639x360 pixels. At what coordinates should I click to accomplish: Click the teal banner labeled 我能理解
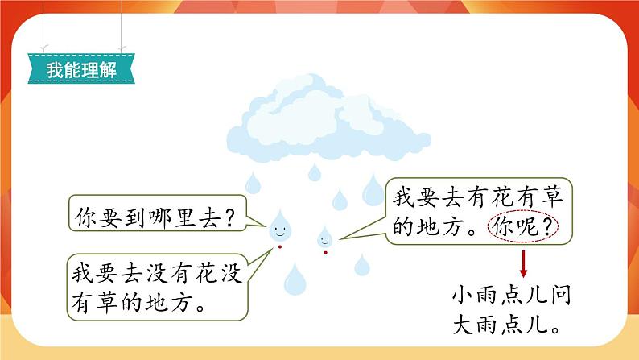pos(81,70)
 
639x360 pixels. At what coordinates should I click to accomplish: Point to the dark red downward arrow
pos(522,263)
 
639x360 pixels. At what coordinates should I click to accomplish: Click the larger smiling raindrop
pos(279,226)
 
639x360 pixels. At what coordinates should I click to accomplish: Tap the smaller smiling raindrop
pos(325,238)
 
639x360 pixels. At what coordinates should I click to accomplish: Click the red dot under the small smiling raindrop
pos(325,252)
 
